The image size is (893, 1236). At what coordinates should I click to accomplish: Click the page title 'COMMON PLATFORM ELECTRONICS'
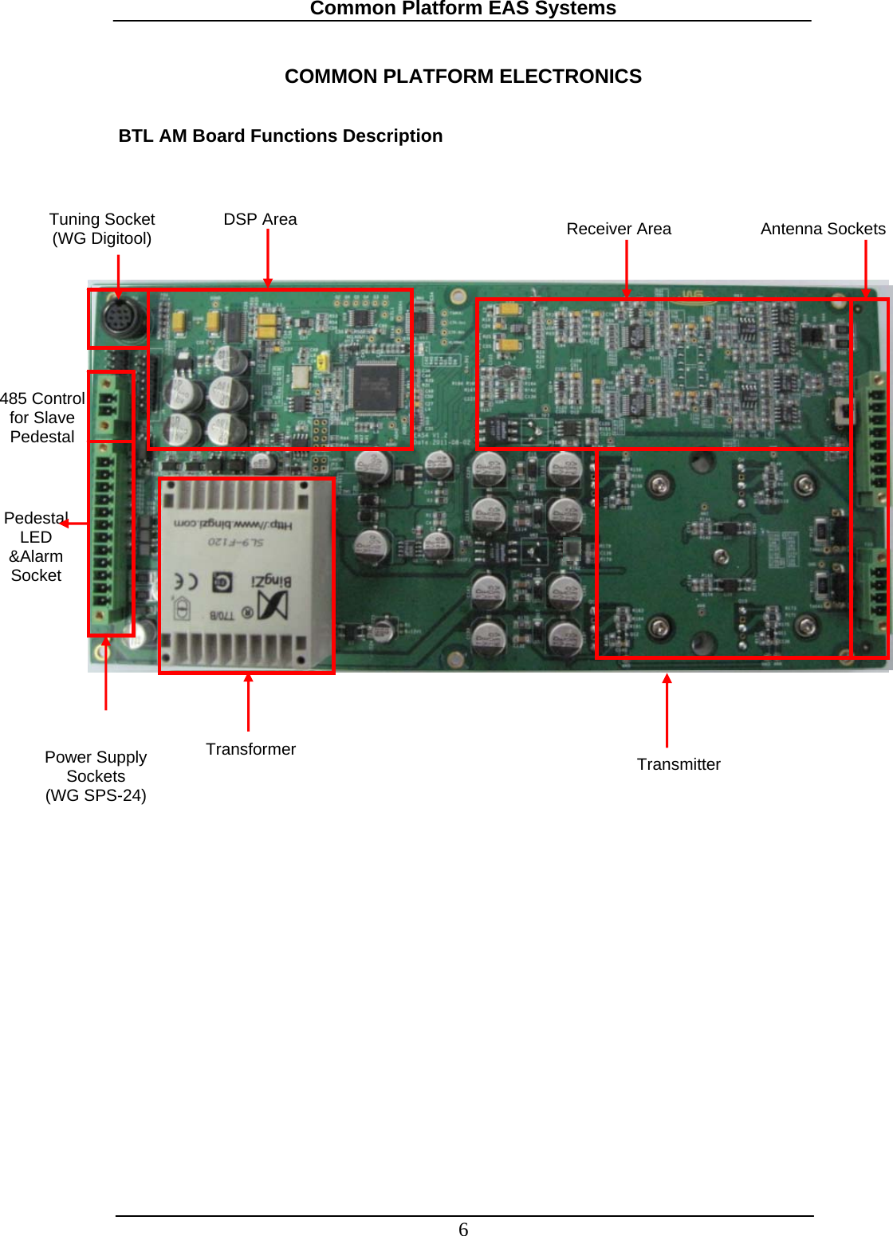pos(462,77)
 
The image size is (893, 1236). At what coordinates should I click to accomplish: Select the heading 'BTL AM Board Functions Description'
pos(280,136)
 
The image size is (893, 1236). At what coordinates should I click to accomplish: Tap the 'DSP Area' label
pos(260,219)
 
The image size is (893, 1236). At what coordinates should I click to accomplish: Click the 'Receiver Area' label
pos(619,229)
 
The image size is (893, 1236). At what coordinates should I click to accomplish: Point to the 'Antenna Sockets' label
pos(823,229)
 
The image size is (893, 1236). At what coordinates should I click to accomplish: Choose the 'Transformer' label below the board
pos(250,749)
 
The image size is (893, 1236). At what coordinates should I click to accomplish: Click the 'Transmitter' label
pos(679,764)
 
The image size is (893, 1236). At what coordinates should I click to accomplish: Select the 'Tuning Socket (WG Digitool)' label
pos(102,229)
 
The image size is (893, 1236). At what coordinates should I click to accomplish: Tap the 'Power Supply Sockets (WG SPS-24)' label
pos(96,775)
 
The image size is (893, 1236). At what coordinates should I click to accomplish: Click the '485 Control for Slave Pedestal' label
pos(42,418)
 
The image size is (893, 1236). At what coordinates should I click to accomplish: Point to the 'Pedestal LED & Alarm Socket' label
pos(36,547)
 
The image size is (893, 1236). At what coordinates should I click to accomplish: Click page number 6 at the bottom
pos(463,1229)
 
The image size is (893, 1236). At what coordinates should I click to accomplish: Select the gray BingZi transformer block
pos(246,575)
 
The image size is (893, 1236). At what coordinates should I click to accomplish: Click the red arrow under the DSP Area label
pos(268,258)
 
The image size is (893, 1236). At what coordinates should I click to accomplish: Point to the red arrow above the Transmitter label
pos(667,710)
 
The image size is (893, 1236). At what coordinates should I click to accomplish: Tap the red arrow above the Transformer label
pos(249,701)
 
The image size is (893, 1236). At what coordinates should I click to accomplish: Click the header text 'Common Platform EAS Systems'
pos(462,9)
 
